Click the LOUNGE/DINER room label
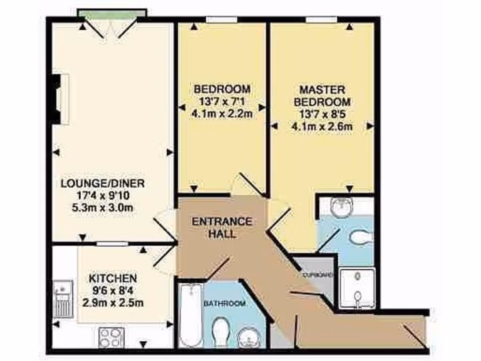pyautogui.click(x=102, y=183)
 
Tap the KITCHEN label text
pyautogui.click(x=113, y=279)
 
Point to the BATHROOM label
pyautogui.click(x=225, y=304)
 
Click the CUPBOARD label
pyautogui.click(x=318, y=275)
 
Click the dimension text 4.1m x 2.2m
pyautogui.click(x=222, y=113)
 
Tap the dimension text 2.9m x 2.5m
pyautogui.click(x=113, y=303)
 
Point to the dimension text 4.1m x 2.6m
pyautogui.click(x=322, y=126)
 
